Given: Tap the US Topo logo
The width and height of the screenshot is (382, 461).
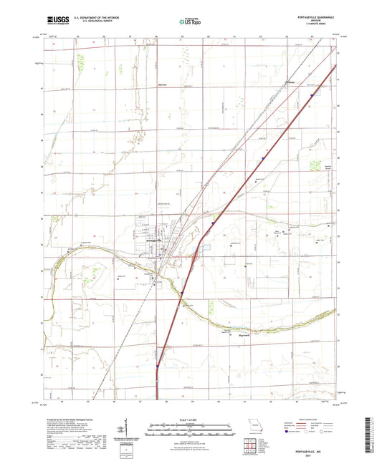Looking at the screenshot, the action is (x=190, y=22).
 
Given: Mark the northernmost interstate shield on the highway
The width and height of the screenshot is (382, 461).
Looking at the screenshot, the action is (x=312, y=94).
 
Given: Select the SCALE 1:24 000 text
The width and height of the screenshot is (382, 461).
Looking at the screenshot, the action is (x=191, y=419).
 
